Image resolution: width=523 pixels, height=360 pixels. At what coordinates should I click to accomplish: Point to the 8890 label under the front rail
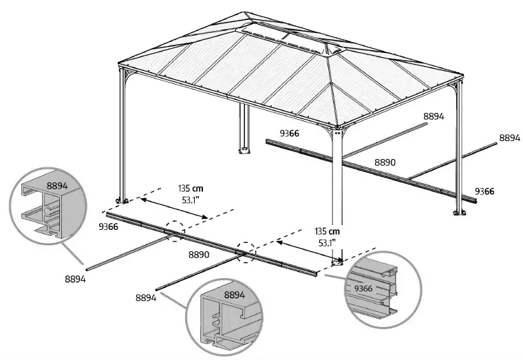[x=201, y=254]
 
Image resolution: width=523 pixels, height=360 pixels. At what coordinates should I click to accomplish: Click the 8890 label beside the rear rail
[x=385, y=162]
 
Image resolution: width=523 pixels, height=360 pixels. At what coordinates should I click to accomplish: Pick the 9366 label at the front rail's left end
[x=109, y=226]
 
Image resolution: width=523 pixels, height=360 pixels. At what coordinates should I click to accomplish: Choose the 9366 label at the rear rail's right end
[x=485, y=191]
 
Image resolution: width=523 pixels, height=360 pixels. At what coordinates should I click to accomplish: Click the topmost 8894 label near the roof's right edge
[x=434, y=117]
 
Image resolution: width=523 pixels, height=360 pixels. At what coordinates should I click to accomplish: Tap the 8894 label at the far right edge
[x=509, y=138]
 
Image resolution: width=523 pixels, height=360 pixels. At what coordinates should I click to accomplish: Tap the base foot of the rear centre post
[x=243, y=149]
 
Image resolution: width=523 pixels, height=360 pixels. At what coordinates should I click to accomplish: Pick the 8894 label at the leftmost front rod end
[x=76, y=278]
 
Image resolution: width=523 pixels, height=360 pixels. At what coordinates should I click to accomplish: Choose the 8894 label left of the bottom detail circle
[x=146, y=297]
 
